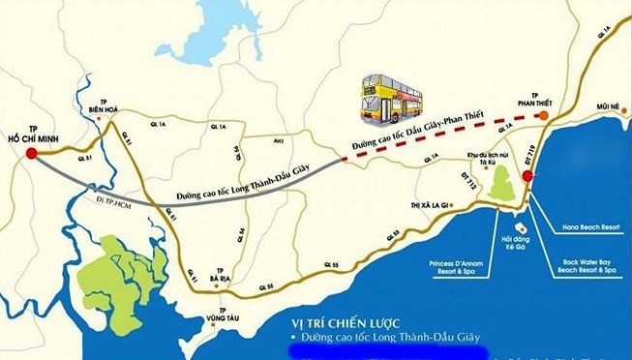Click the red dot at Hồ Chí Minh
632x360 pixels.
(32, 152)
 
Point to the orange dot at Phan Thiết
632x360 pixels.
(545, 114)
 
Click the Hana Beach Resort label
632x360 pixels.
(589, 227)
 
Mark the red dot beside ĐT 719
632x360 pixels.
(527, 176)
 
